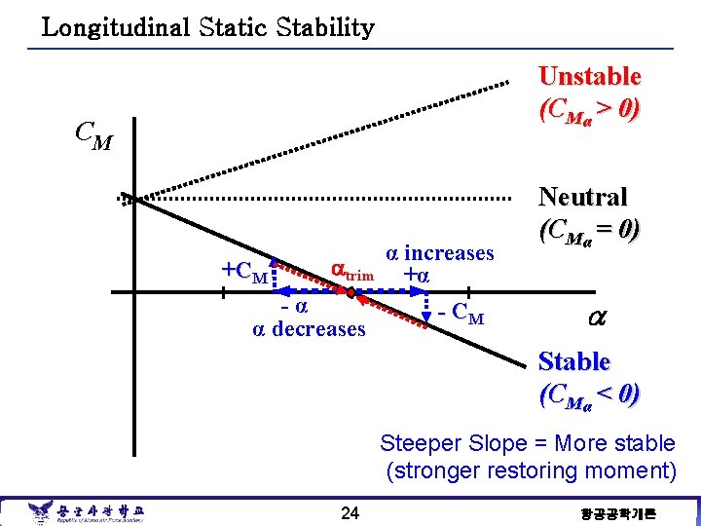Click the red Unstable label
pyautogui.click(x=589, y=76)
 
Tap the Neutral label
pyautogui.click(x=583, y=198)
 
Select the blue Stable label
pyautogui.click(x=574, y=361)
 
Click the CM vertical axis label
pyautogui.click(x=93, y=135)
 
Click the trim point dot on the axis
pyautogui.click(x=350, y=290)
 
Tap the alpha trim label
pyautogui.click(x=351, y=270)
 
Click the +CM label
pyautogui.click(x=244, y=271)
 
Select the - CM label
pyautogui.click(x=461, y=316)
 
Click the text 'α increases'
pyautogui.click(x=440, y=253)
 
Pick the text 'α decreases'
pyautogui.click(x=309, y=328)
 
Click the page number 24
pyautogui.click(x=350, y=512)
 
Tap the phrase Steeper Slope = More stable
pyautogui.click(x=527, y=444)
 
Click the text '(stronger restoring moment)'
pyautogui.click(x=531, y=471)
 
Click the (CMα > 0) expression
pyautogui.click(x=589, y=109)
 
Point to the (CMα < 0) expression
pyautogui.click(x=589, y=394)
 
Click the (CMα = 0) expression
pyautogui.click(x=589, y=231)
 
